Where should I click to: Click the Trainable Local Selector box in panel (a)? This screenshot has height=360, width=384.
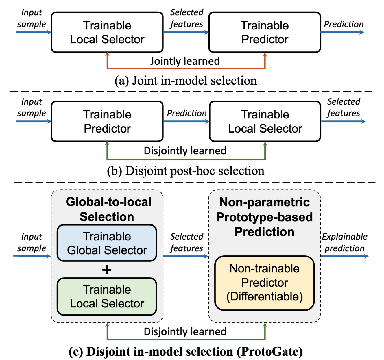pyautogui.click(x=107, y=32)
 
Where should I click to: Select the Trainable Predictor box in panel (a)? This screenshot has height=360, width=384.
pyautogui.click(x=265, y=32)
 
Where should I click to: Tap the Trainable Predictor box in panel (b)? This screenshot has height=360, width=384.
pyautogui.click(x=107, y=121)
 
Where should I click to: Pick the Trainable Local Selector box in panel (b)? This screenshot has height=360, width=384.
pyautogui.click(x=265, y=121)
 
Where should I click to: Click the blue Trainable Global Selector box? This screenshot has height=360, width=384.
pyautogui.click(x=107, y=243)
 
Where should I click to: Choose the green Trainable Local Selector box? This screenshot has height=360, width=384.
pyautogui.click(x=107, y=296)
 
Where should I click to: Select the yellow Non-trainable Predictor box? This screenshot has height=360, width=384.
pyautogui.click(x=264, y=283)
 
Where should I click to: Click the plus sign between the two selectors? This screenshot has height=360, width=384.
pyautogui.click(x=107, y=270)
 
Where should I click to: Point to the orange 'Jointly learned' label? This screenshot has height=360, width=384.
pyautogui.click(x=185, y=61)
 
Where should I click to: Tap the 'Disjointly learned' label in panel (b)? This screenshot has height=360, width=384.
pyautogui.click(x=185, y=151)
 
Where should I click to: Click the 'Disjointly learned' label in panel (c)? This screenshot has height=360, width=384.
pyautogui.click(x=185, y=331)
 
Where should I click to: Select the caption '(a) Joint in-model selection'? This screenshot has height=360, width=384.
pyautogui.click(x=186, y=81)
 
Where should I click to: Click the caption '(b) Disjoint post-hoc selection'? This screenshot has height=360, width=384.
pyautogui.click(x=186, y=171)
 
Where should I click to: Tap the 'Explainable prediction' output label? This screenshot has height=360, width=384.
pyautogui.click(x=344, y=242)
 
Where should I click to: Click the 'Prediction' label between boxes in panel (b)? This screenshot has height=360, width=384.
pyautogui.click(x=187, y=113)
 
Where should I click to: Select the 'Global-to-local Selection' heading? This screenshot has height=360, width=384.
pyautogui.click(x=108, y=209)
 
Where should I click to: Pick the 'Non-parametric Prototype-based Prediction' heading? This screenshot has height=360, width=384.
pyautogui.click(x=264, y=217)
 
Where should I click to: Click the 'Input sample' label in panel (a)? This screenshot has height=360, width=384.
pyautogui.click(x=32, y=18)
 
